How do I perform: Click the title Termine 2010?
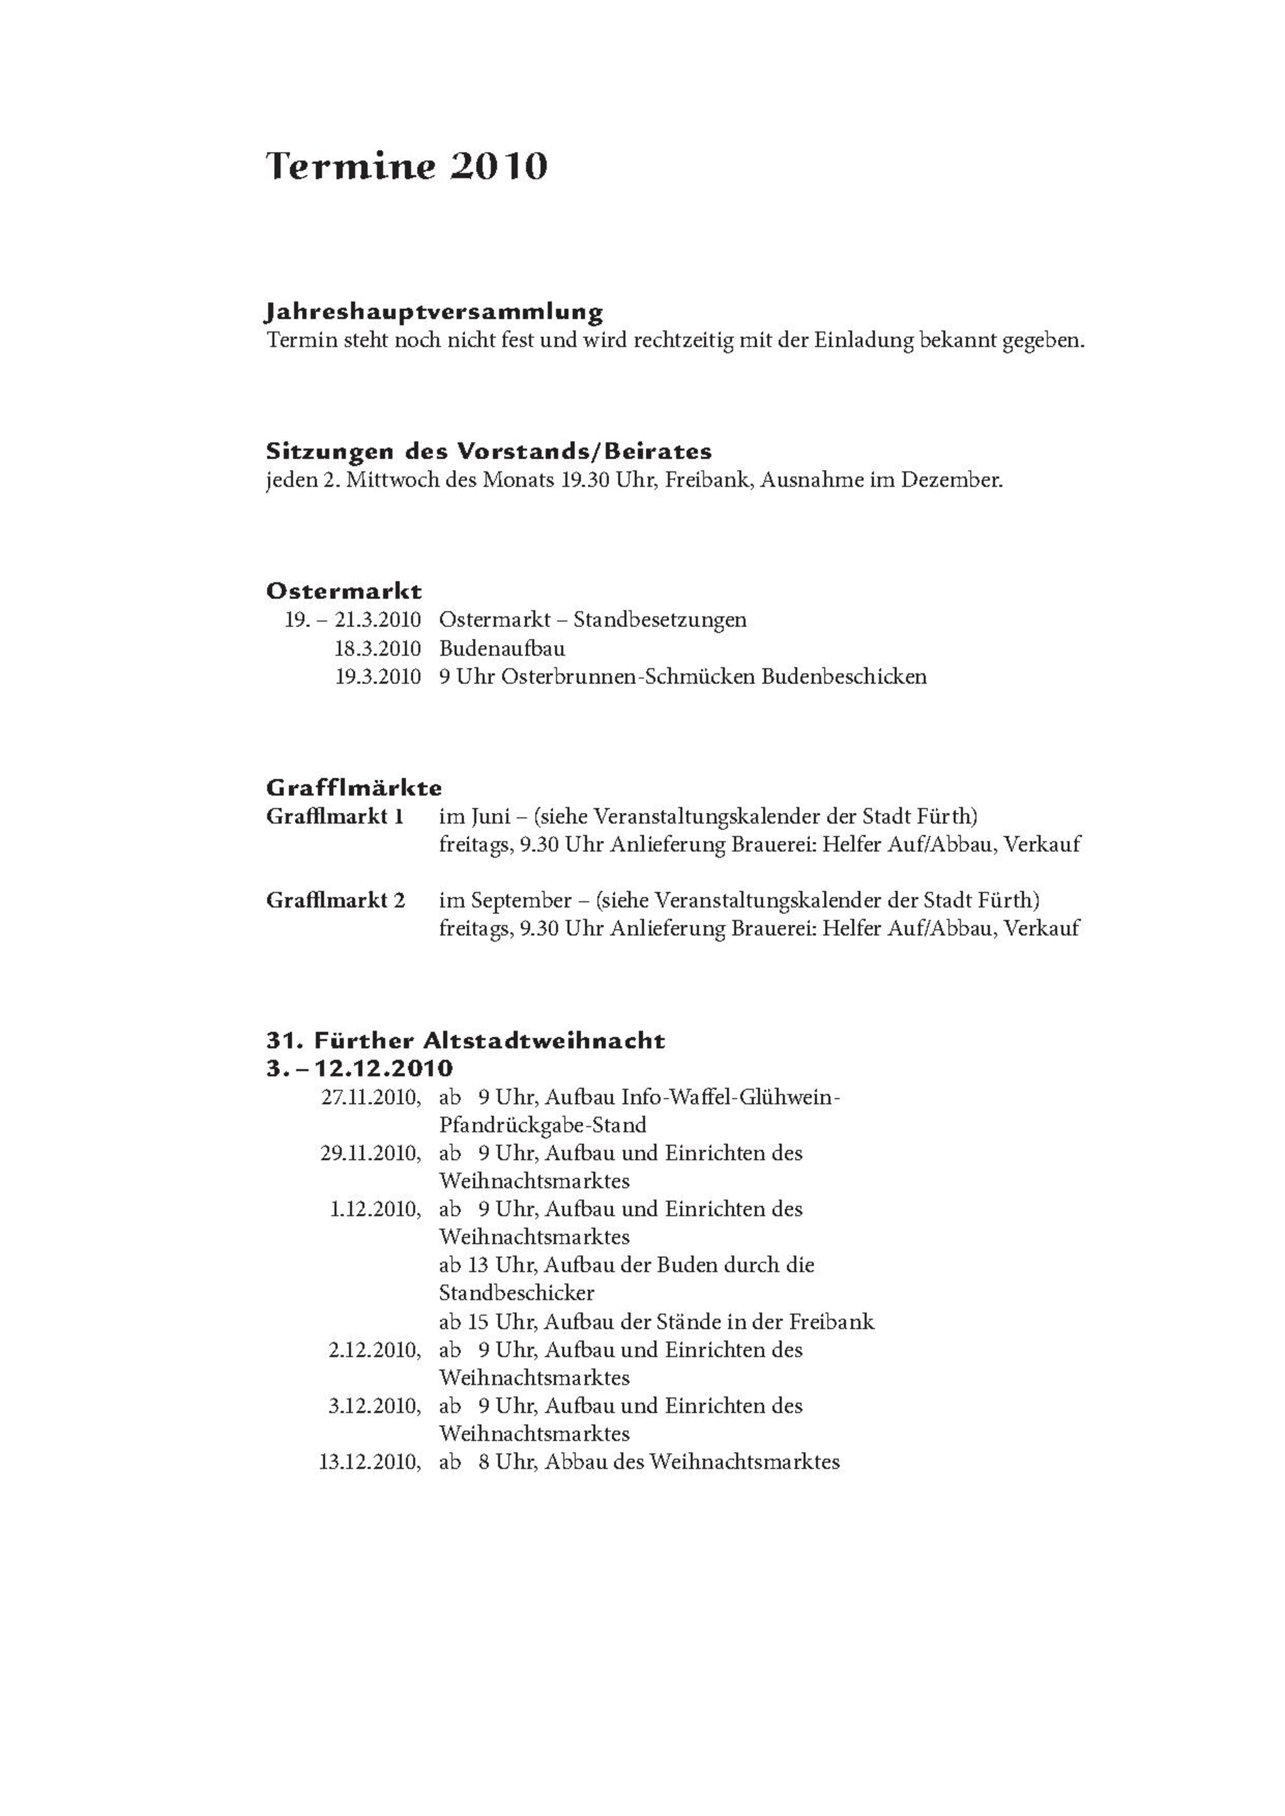407,167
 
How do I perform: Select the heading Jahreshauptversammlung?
434,312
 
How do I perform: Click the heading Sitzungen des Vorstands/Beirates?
489,452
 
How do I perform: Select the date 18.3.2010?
378,649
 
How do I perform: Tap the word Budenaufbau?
503,649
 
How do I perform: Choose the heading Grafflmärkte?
355,788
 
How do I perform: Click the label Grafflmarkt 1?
336,816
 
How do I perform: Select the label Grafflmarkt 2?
336,901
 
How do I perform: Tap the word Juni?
491,816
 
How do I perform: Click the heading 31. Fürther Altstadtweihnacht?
466,1040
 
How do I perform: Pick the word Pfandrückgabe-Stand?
543,1125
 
